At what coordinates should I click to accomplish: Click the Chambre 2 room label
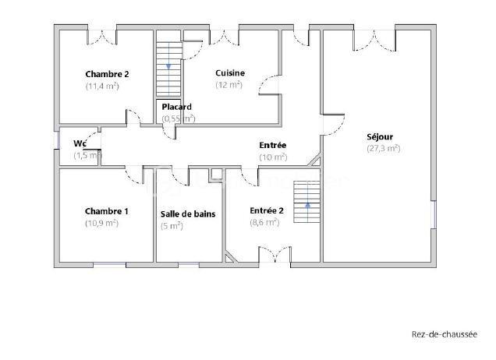pyautogui.click(x=107, y=74)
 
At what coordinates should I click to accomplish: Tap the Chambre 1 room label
pyautogui.click(x=107, y=211)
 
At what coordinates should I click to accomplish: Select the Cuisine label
pyautogui.click(x=230, y=73)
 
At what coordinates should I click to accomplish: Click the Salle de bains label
pyautogui.click(x=188, y=214)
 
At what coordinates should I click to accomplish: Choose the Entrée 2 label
pyautogui.click(x=267, y=210)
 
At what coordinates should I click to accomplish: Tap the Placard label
pyautogui.click(x=177, y=107)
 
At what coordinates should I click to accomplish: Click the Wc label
pyautogui.click(x=80, y=143)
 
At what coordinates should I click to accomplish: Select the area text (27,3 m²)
pyautogui.click(x=383, y=148)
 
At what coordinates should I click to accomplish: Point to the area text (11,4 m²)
pyautogui.click(x=102, y=86)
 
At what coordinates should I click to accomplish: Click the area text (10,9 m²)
pyautogui.click(x=101, y=223)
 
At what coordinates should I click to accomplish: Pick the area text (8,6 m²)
pyautogui.click(x=264, y=222)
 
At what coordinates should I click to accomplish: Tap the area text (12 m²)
pyautogui.click(x=229, y=85)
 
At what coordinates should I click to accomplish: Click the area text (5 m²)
pyautogui.click(x=172, y=226)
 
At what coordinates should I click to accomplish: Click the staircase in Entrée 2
pyautogui.click(x=307, y=201)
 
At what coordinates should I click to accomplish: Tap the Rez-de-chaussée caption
pyautogui.click(x=444, y=336)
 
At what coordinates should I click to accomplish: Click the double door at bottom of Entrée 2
pyautogui.click(x=273, y=255)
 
